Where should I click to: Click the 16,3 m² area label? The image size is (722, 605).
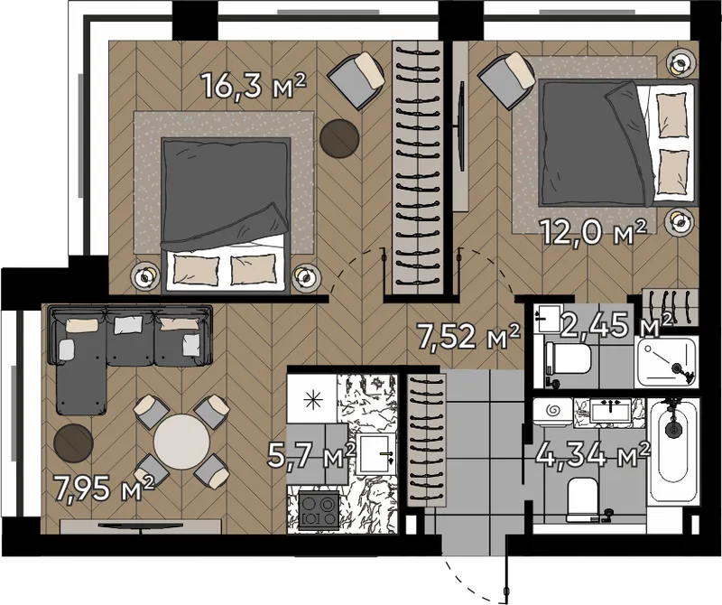click(x=254, y=86)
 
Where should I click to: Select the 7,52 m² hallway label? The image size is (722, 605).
click(x=467, y=336)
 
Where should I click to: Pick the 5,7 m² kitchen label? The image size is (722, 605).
click(x=312, y=456)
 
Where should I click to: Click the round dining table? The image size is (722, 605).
click(x=181, y=442)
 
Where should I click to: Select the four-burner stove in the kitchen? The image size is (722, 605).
click(x=319, y=510)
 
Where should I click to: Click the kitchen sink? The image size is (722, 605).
click(x=375, y=454)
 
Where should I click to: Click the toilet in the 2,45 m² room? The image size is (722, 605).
click(x=568, y=359)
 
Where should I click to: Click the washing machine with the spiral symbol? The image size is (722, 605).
click(x=553, y=411)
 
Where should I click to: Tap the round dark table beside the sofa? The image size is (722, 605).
click(x=74, y=443)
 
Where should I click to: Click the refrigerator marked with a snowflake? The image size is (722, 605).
click(x=312, y=398)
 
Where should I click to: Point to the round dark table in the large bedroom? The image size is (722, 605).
click(x=339, y=138)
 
